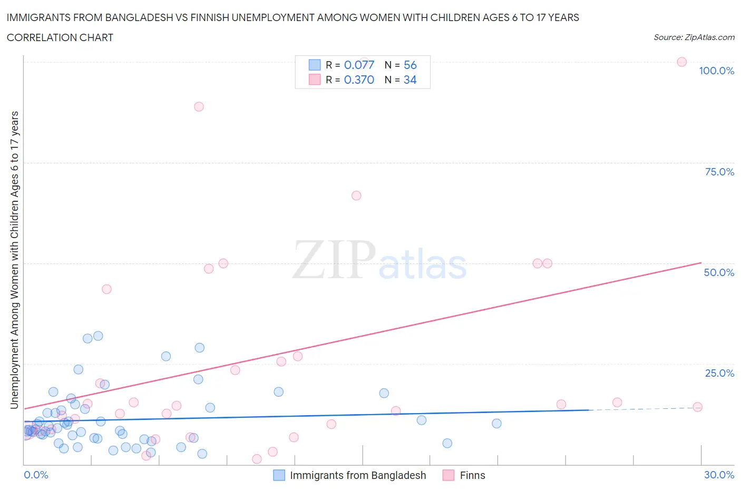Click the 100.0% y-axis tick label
(x=716, y=71)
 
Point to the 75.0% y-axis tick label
(x=719, y=172)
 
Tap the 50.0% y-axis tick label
(x=719, y=272)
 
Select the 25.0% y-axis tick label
(x=719, y=373)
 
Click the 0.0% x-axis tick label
(x=36, y=475)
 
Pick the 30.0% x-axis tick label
(x=719, y=475)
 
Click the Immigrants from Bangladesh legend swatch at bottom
(x=279, y=475)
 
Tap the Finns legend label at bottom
(x=472, y=475)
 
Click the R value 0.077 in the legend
(x=359, y=65)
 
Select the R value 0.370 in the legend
(x=359, y=80)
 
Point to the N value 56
(x=410, y=65)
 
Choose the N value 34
(x=410, y=80)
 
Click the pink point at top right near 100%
(x=681, y=62)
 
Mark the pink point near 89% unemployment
(x=199, y=106)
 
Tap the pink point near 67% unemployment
(x=356, y=195)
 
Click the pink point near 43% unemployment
(x=106, y=289)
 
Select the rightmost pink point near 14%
(x=697, y=407)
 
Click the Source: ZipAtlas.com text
(x=694, y=37)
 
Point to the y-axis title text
(x=15, y=260)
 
